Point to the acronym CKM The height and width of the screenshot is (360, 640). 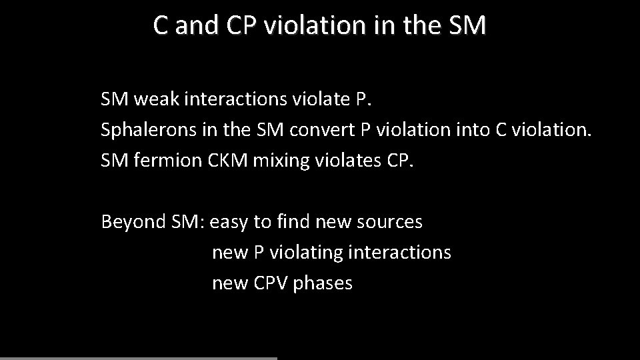point(227,161)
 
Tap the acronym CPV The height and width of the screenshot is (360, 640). point(270,283)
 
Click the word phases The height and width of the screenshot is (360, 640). point(323,283)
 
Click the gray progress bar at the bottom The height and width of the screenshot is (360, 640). point(138,358)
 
